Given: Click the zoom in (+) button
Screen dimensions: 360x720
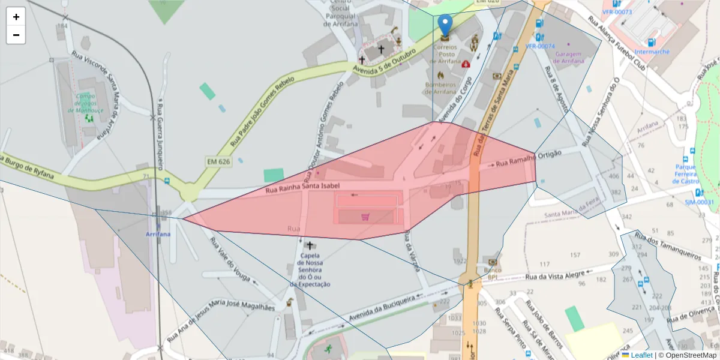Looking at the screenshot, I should [16, 17].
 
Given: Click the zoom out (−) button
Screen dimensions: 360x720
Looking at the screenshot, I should [16, 35].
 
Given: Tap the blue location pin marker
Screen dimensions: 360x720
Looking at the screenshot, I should [445, 26].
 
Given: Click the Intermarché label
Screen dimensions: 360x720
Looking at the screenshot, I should [652, 52].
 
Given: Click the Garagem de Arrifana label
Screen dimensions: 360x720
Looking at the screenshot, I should [569, 58].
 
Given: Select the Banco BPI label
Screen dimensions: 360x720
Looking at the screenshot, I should [493, 274].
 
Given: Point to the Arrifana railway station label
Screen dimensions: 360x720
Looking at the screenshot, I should [158, 234].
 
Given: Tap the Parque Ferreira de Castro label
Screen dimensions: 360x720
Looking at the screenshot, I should [685, 174].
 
